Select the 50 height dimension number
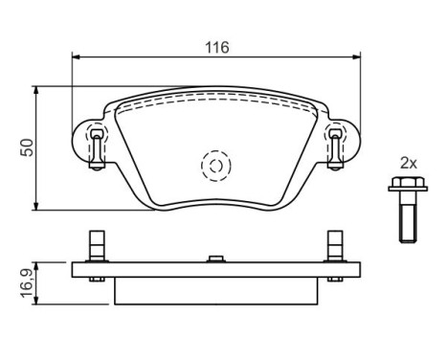28,147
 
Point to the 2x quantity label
408,164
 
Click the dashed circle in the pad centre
216,166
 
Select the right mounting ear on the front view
336,144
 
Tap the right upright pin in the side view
334,245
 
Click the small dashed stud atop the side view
216,256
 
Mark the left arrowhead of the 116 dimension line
78,58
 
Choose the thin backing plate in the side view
216,270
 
